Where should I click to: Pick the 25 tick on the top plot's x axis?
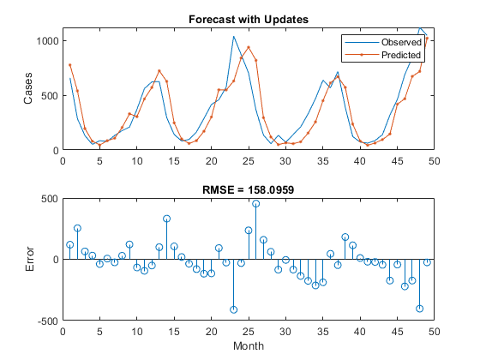point(249,159)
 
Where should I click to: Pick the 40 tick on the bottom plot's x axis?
point(360,330)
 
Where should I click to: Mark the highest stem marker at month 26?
point(255,204)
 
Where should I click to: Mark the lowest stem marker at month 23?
point(233,309)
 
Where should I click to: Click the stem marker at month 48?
point(419,309)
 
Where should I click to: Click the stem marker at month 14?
point(166,219)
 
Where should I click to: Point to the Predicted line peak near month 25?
point(249,47)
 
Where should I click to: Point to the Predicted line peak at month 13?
point(159,71)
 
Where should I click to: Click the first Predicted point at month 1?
point(70,65)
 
